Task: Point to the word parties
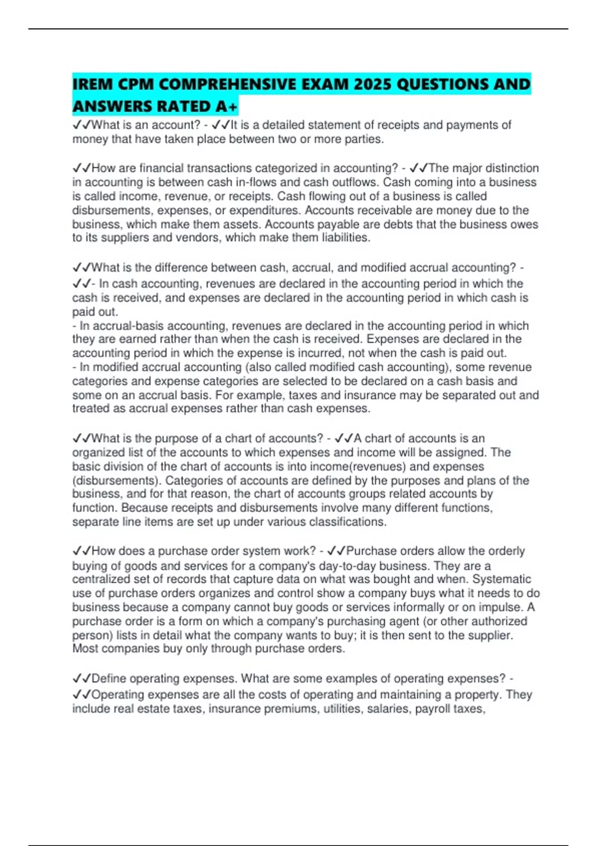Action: (x=364, y=139)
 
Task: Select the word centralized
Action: (x=101, y=579)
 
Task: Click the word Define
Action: (x=109, y=679)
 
